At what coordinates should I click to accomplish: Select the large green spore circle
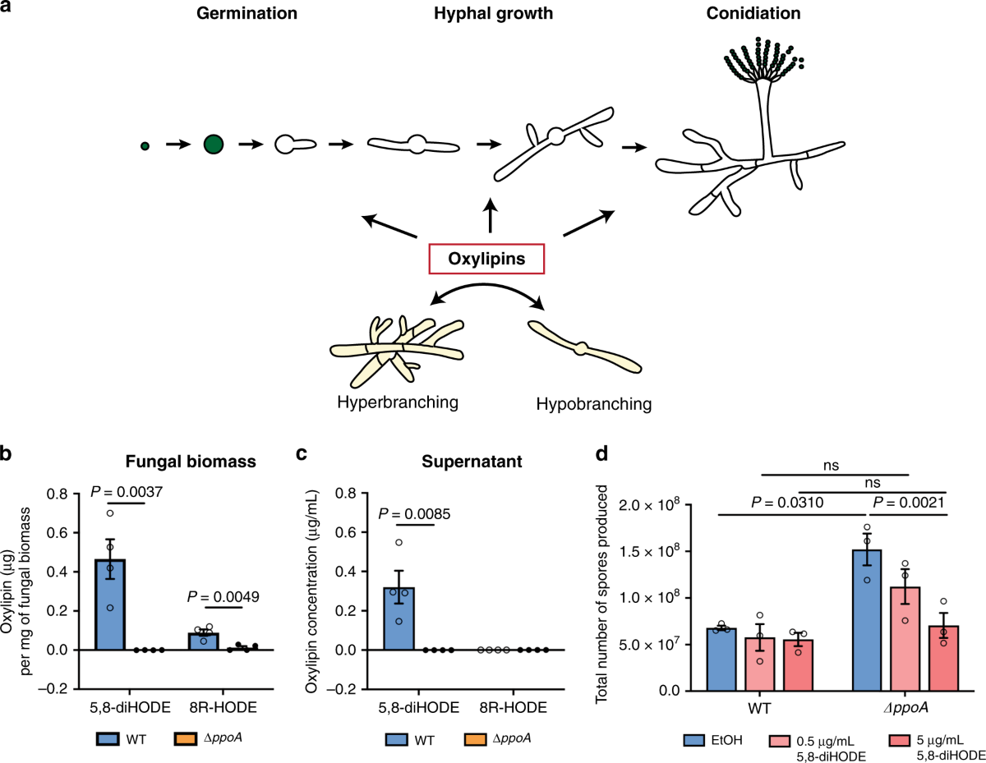pos(214,145)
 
